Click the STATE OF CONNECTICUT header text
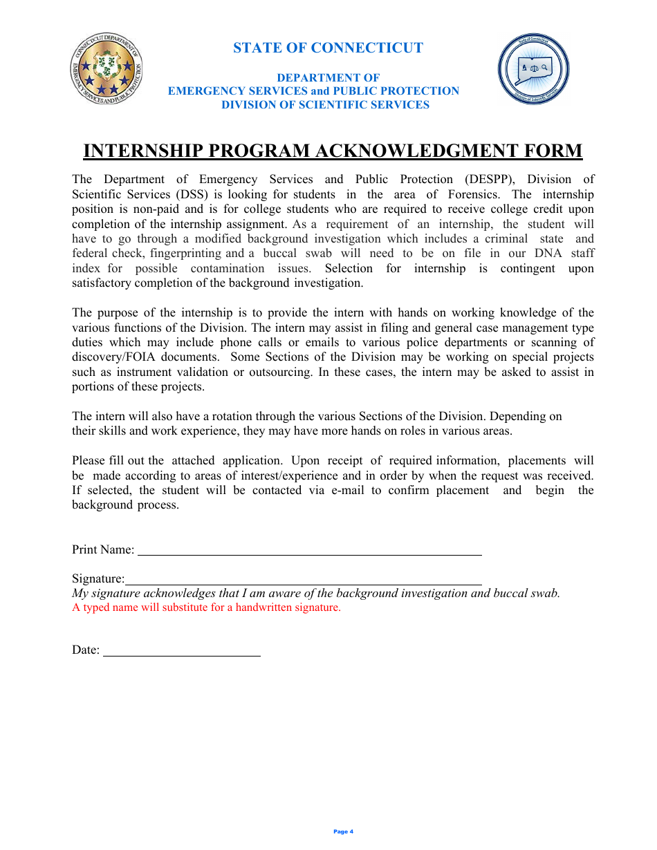coord(328,48)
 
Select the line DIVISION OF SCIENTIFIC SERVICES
coord(325,105)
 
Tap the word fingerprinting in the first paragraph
coord(187,254)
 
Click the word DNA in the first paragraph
coord(548,254)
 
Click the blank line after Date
coord(181,650)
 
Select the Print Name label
coord(103,550)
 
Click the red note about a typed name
coord(206,608)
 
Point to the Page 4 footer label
coord(343,831)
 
